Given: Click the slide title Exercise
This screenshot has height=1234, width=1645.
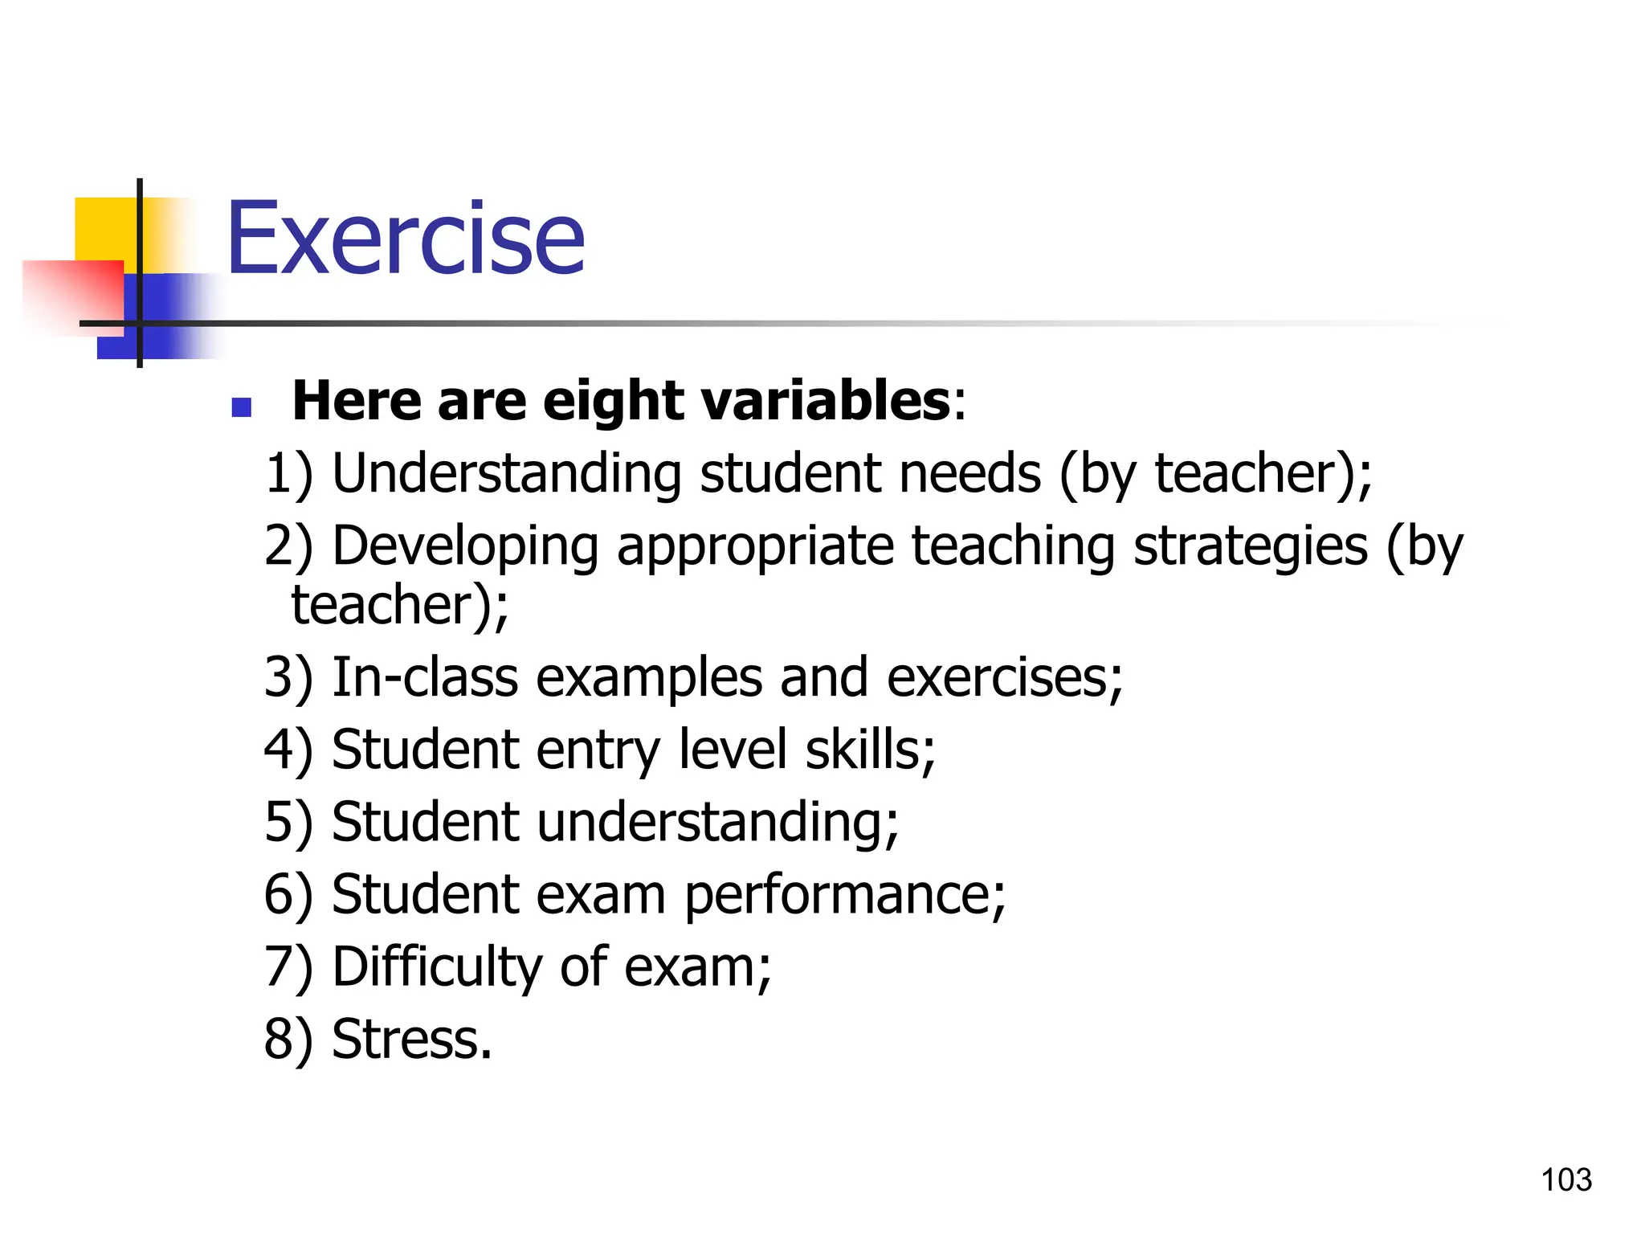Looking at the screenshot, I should click(406, 239).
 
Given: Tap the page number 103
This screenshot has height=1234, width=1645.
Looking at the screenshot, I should click(1565, 1180).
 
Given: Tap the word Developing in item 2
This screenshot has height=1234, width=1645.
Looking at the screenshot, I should click(465, 546).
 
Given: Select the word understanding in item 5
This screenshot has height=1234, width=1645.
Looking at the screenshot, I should click(717, 823).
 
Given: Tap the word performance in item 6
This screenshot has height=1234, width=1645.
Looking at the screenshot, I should click(843, 895).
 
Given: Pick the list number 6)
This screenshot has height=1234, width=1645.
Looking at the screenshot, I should click(288, 895).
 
